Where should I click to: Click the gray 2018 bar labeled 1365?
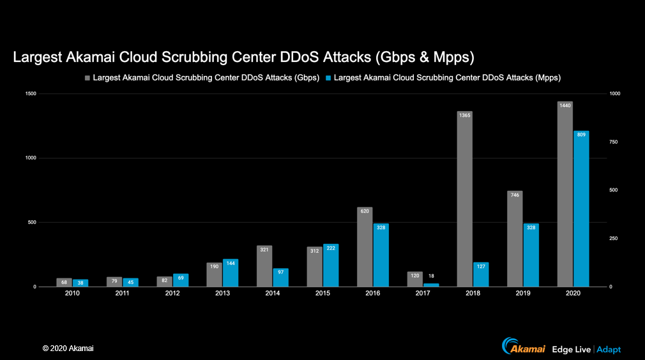pyautogui.click(x=464, y=199)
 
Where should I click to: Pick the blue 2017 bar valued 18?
pyautogui.click(x=432, y=285)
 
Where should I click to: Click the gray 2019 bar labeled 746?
pyautogui.click(x=515, y=239)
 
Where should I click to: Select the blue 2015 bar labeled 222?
pyautogui.click(x=331, y=266)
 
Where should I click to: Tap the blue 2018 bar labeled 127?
pyautogui.click(x=481, y=274)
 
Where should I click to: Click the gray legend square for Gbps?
pyautogui.click(x=87, y=78)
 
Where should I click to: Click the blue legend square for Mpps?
pyautogui.click(x=328, y=78)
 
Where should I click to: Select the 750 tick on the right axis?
pyautogui.click(x=614, y=142)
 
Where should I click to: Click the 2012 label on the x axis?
pyautogui.click(x=172, y=294)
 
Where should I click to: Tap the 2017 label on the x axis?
pyautogui.click(x=423, y=294)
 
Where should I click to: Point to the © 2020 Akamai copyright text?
pyautogui.click(x=68, y=349)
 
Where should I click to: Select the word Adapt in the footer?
pyautogui.click(x=609, y=349)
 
